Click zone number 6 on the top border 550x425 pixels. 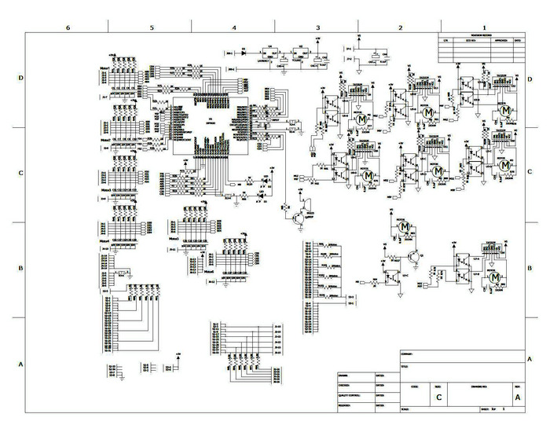point(68,26)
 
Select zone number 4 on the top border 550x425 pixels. point(234,26)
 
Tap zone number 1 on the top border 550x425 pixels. point(484,26)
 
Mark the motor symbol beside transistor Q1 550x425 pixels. point(405,227)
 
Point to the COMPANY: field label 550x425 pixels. point(408,354)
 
